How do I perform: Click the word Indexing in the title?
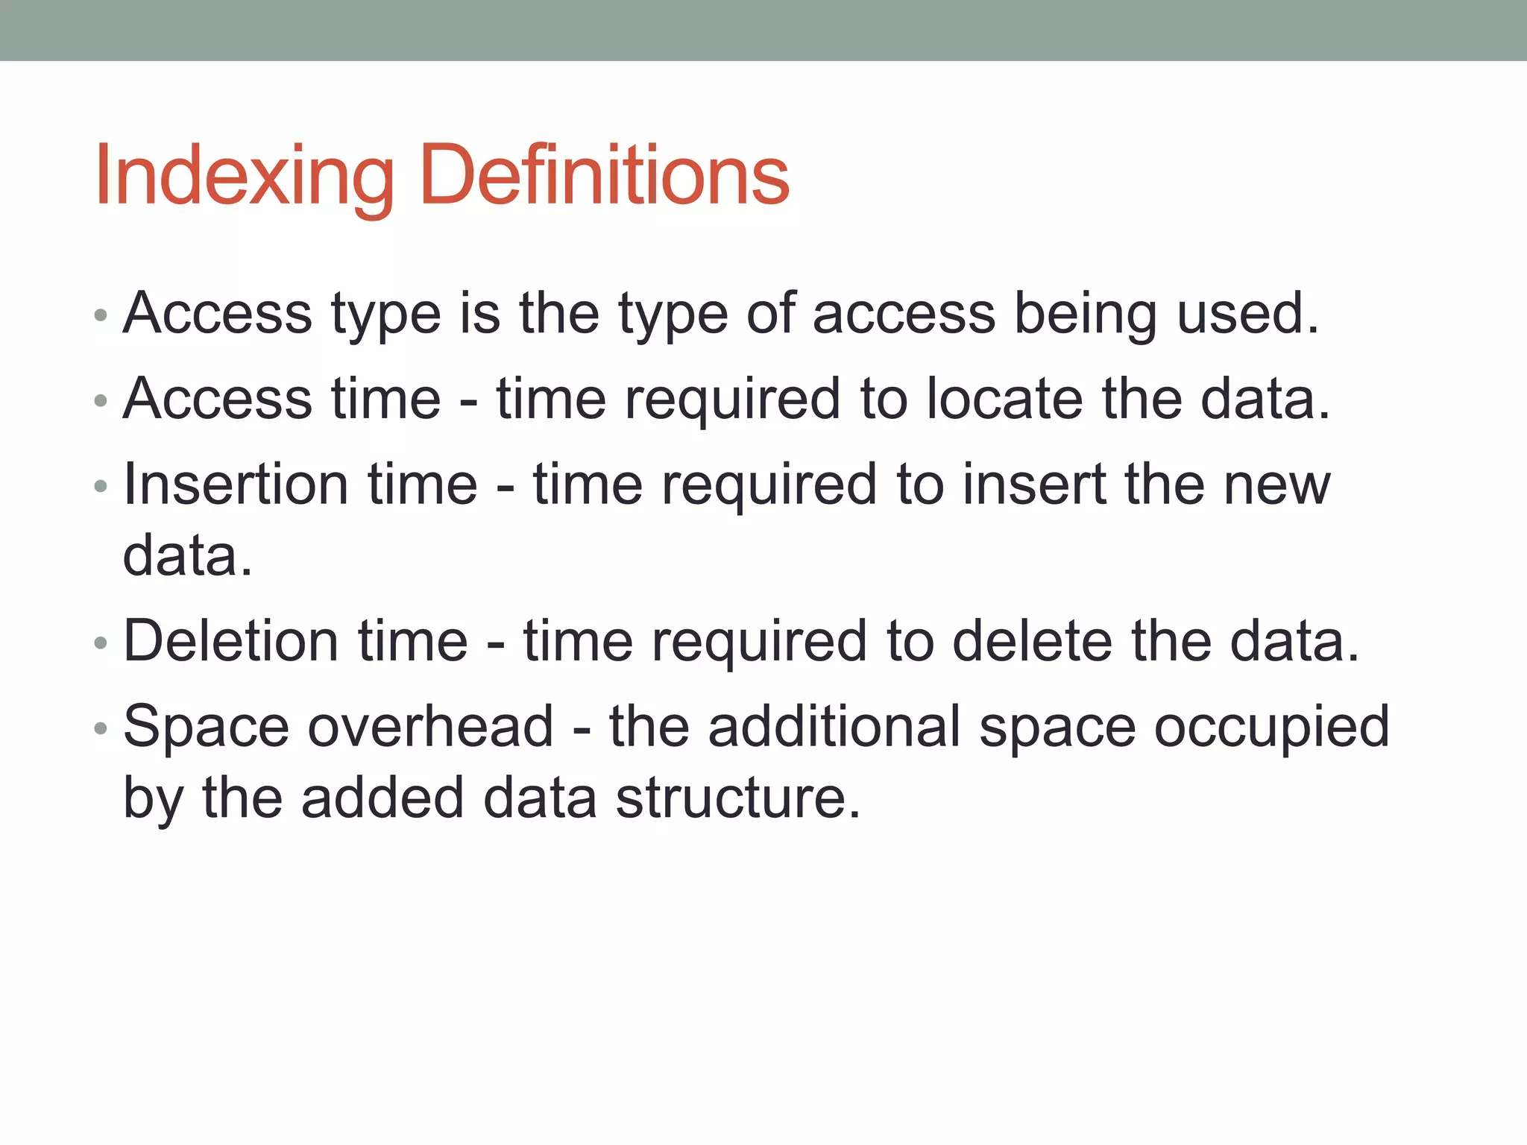coord(243,177)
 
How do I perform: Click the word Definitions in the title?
coord(604,177)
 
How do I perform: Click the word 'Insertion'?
coord(235,485)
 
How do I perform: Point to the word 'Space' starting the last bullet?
coord(206,727)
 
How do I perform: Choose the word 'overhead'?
coord(430,727)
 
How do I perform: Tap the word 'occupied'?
coord(1271,728)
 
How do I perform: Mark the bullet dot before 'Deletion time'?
coord(101,643)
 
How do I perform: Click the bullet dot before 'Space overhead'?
coord(101,728)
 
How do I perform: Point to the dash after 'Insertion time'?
coord(505,487)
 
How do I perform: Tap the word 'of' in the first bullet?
coord(770,314)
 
